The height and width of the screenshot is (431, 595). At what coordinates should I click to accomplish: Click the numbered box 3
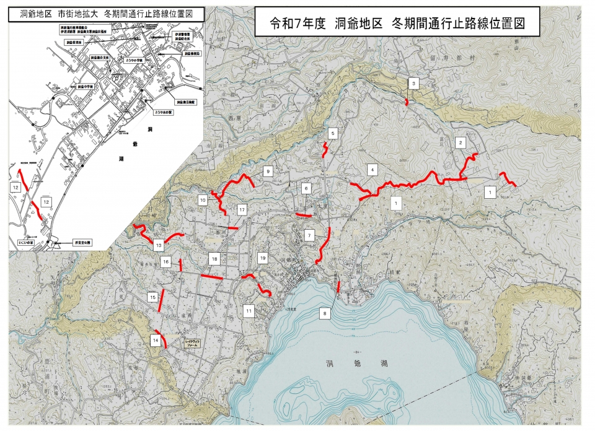(x=413, y=84)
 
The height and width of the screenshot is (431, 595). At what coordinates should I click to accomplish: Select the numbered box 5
(x=333, y=133)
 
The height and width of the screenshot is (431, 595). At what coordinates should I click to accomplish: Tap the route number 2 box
(x=461, y=142)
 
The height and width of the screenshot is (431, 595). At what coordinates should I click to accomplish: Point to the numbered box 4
(x=372, y=169)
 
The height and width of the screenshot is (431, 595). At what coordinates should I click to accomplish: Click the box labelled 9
(x=268, y=171)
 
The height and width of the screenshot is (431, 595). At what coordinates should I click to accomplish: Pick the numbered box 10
(x=203, y=200)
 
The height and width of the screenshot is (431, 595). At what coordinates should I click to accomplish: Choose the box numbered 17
(x=242, y=210)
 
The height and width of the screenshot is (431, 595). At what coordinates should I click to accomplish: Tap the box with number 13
(x=159, y=245)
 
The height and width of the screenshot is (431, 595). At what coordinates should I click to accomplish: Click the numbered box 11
(x=249, y=310)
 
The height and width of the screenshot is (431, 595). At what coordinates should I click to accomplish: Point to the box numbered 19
(x=262, y=257)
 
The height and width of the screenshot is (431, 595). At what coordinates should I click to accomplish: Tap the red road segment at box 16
(x=180, y=265)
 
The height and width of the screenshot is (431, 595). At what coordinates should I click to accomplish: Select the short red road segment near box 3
(x=407, y=102)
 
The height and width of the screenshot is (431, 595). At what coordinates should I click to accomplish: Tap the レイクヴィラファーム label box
(x=193, y=342)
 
